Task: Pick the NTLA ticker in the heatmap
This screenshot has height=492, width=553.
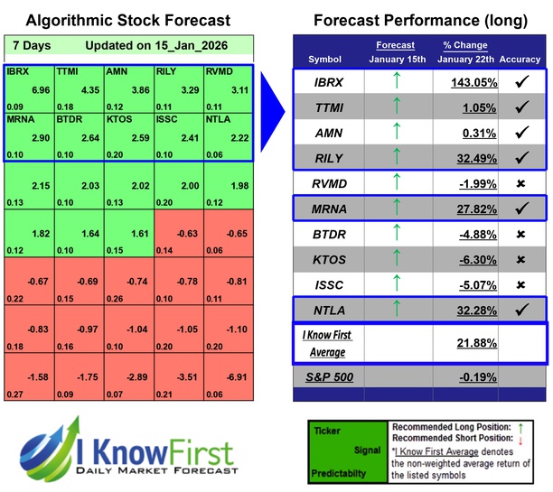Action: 218,118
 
